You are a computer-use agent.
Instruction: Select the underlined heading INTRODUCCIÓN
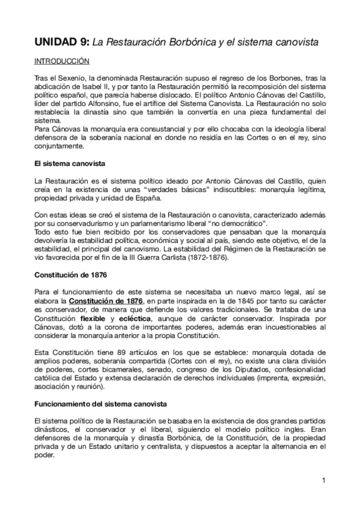click(x=62, y=61)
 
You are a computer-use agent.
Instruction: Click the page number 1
click(x=323, y=480)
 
